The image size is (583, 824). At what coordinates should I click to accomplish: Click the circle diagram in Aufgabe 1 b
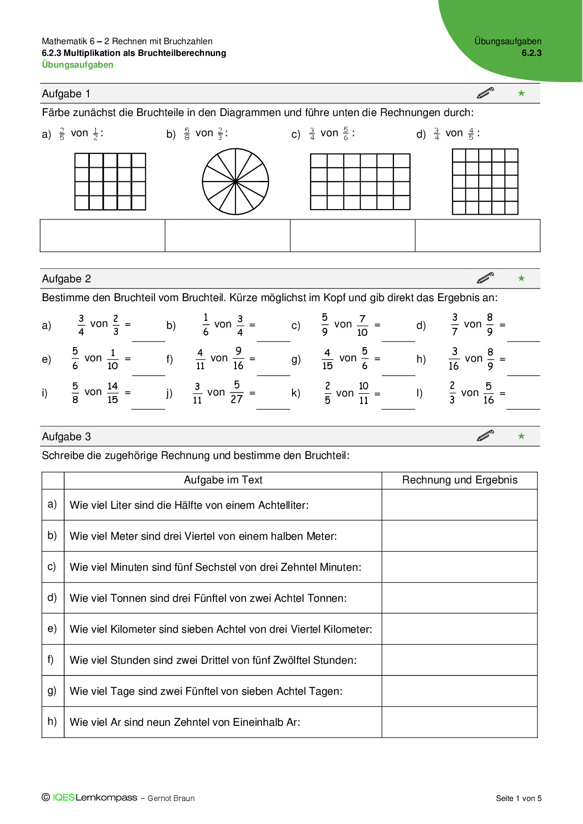[x=235, y=181]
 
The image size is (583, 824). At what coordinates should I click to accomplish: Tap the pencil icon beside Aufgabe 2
[x=485, y=278]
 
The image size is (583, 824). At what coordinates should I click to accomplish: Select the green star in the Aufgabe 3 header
[x=521, y=436]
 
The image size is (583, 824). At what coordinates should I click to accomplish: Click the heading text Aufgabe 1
[x=66, y=93]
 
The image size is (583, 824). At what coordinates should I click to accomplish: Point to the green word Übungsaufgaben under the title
[x=78, y=65]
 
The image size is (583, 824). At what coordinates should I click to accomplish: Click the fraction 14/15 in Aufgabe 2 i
[x=112, y=392]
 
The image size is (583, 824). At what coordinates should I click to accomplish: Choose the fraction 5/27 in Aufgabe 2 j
[x=236, y=392]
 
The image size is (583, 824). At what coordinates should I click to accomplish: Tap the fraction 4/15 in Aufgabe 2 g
[x=327, y=359]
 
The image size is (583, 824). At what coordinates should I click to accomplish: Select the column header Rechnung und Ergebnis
[x=459, y=480]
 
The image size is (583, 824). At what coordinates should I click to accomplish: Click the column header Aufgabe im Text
[x=223, y=480]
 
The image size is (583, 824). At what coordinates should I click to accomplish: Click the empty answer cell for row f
[x=459, y=660]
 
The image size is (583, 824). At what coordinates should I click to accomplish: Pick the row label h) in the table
[x=52, y=721]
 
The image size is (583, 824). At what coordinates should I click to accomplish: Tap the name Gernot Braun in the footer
[x=171, y=798]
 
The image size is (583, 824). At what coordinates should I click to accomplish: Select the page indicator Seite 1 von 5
[x=519, y=798]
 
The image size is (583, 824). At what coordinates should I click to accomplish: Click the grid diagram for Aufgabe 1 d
[x=485, y=182]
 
